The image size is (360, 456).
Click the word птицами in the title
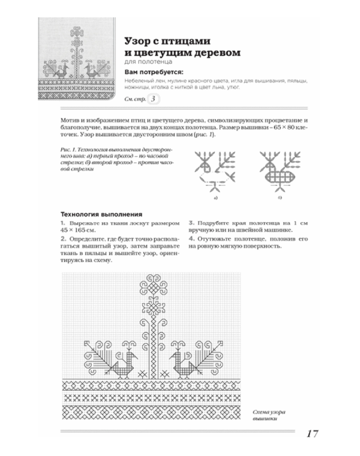click(x=185, y=41)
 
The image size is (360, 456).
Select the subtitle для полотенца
click(x=148, y=63)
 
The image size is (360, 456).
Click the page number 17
click(x=312, y=434)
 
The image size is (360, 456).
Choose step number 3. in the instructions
click(x=191, y=220)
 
